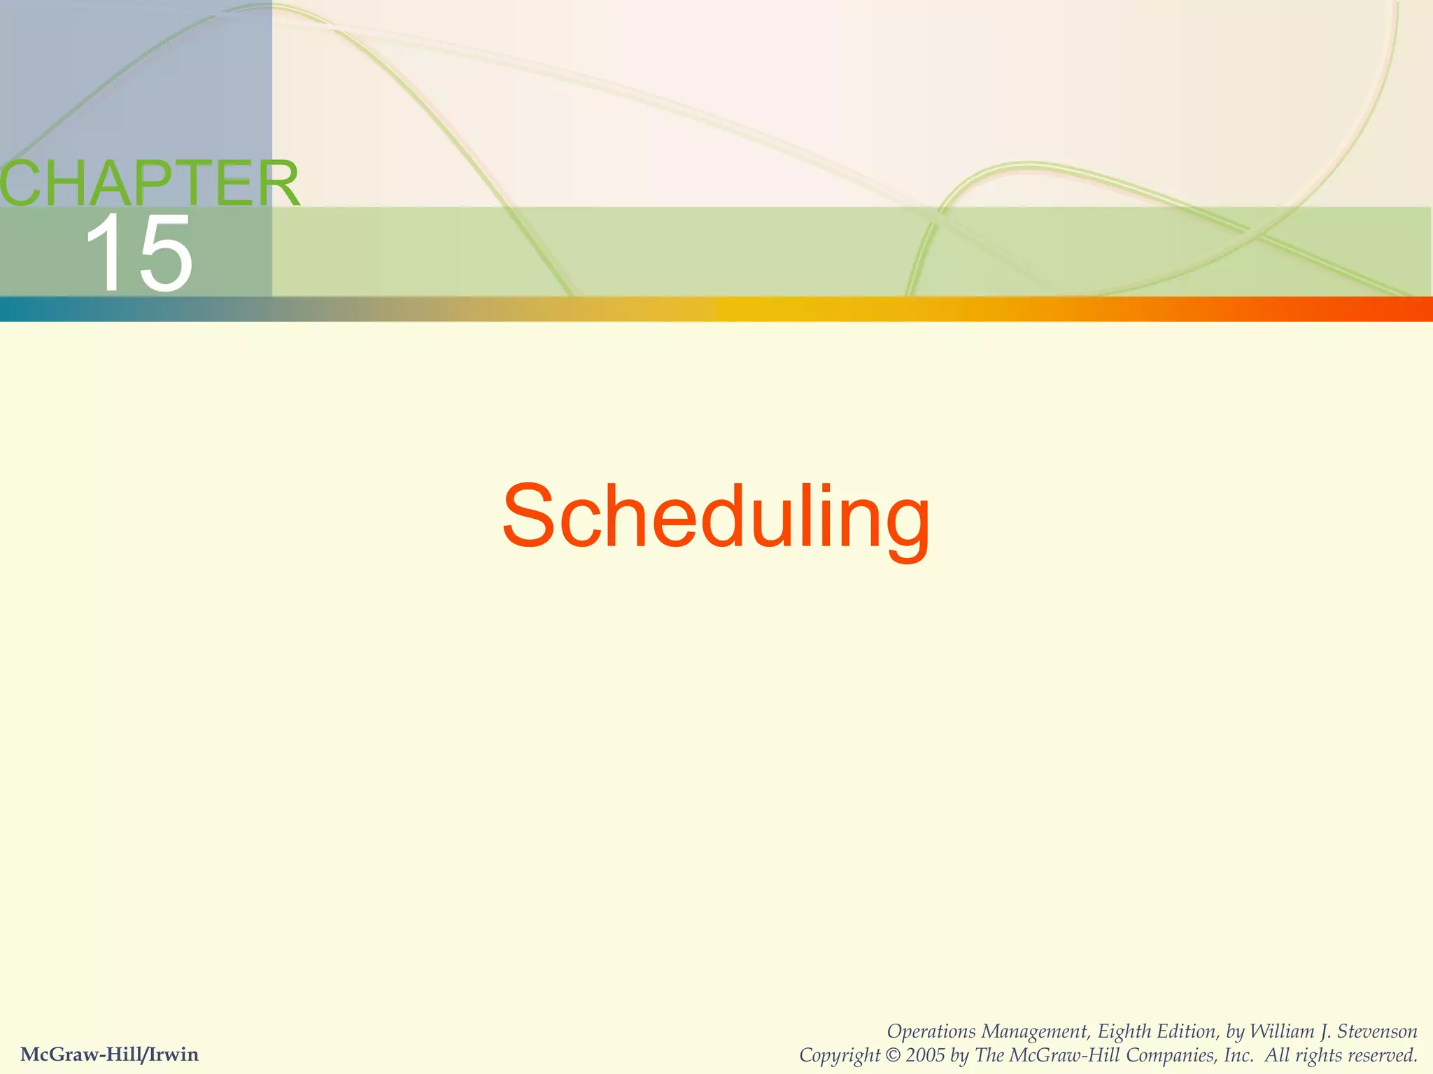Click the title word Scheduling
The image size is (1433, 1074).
pos(716,517)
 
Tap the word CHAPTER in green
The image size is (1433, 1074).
pos(148,183)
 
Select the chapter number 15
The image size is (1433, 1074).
pos(138,253)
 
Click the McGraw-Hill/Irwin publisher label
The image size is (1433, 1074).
pos(109,1054)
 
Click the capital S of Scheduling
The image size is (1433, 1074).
pos(532,516)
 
